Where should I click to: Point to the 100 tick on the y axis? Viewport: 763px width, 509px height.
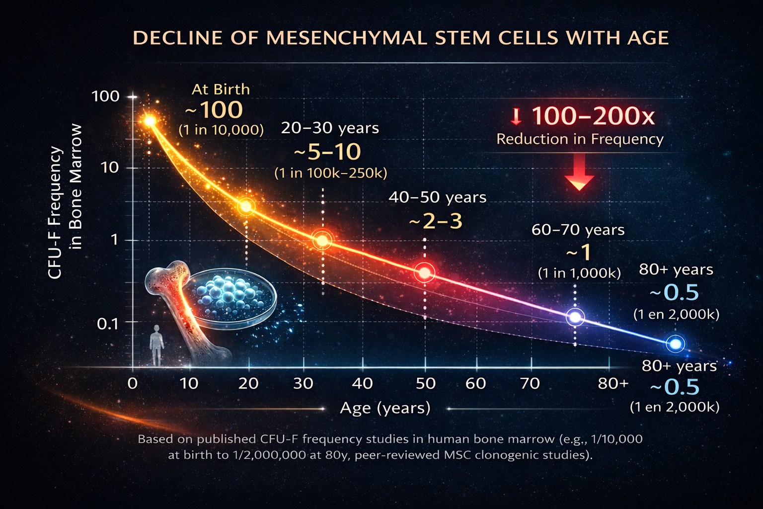tap(106, 96)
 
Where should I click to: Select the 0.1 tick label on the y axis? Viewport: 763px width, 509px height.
tap(108, 324)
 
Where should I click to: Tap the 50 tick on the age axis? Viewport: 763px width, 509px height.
tap(425, 383)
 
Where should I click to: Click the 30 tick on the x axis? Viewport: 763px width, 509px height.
tap(303, 383)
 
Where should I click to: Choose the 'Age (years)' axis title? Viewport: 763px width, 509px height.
tap(385, 408)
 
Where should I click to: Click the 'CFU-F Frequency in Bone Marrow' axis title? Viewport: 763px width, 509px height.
tap(65, 201)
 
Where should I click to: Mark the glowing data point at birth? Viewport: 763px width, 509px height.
tap(149, 121)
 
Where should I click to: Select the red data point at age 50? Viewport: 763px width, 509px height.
tap(425, 272)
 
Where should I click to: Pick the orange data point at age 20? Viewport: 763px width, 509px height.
tap(246, 206)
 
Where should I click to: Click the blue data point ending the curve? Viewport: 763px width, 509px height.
tap(676, 343)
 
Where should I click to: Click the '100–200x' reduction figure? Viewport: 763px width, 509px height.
tap(593, 116)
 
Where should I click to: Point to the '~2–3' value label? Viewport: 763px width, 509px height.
tap(436, 221)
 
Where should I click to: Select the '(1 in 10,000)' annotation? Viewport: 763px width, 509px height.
tap(221, 130)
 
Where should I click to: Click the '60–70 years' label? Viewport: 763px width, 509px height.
tap(578, 230)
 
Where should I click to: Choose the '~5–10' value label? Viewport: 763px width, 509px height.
tap(327, 152)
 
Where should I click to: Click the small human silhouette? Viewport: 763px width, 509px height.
tap(157, 345)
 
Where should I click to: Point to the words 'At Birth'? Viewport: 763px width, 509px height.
tap(221, 89)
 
